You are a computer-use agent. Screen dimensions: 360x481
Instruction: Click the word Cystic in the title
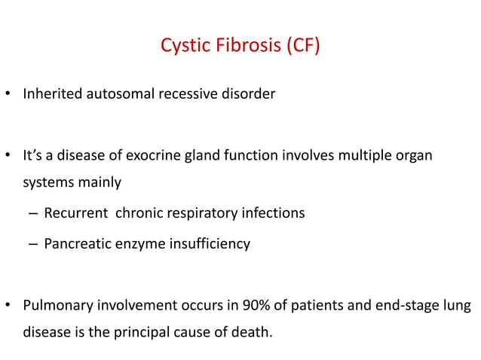click(x=183, y=47)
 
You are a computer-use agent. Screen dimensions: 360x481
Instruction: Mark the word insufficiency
click(x=208, y=244)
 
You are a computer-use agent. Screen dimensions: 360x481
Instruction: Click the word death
click(x=250, y=330)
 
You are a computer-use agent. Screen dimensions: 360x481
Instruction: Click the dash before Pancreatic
click(x=34, y=244)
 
